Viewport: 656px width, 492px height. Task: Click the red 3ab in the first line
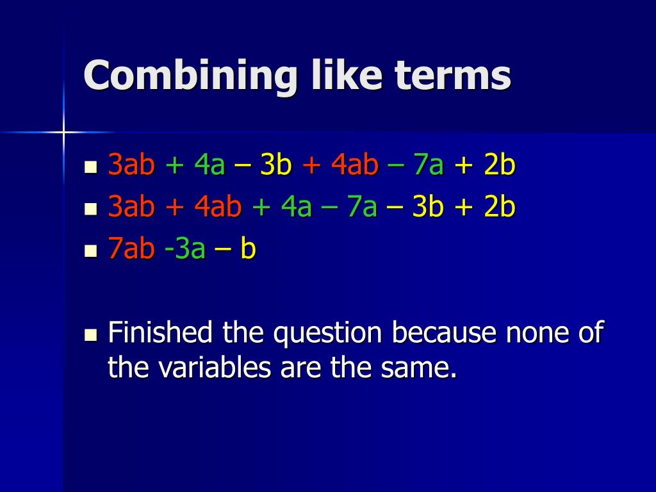click(x=132, y=165)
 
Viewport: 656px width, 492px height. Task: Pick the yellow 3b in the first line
click(x=276, y=165)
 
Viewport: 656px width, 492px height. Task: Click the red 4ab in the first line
click(x=355, y=165)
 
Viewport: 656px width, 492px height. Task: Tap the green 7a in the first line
click(x=429, y=165)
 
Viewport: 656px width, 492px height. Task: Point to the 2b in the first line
click(x=500, y=165)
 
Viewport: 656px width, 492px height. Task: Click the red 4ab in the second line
click(x=218, y=208)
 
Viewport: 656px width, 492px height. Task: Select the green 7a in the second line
click(x=362, y=208)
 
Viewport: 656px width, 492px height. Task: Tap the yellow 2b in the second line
click(x=500, y=208)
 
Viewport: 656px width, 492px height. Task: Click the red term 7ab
click(x=132, y=249)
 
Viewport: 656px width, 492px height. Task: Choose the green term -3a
click(x=184, y=249)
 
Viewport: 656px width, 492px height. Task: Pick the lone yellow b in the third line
click(x=249, y=249)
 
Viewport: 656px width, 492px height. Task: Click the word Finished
click(x=160, y=333)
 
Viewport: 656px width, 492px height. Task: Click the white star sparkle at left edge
click(x=63, y=132)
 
